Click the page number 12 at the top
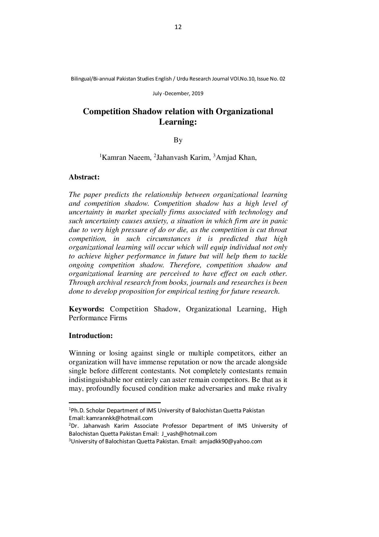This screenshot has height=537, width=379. point(178,27)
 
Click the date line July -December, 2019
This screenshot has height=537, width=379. point(178,93)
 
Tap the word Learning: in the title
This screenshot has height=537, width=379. point(178,122)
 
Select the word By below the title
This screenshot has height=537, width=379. point(178,140)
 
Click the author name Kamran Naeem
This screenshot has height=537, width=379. point(126,158)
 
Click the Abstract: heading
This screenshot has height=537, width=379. point(84,177)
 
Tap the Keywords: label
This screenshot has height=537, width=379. point(86,309)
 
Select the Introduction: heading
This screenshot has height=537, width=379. point(91,336)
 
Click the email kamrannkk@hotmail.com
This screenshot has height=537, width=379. point(120,418)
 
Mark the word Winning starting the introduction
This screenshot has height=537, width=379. point(82,353)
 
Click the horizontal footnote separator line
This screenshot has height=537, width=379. point(115,403)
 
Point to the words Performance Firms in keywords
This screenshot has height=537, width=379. point(98,318)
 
